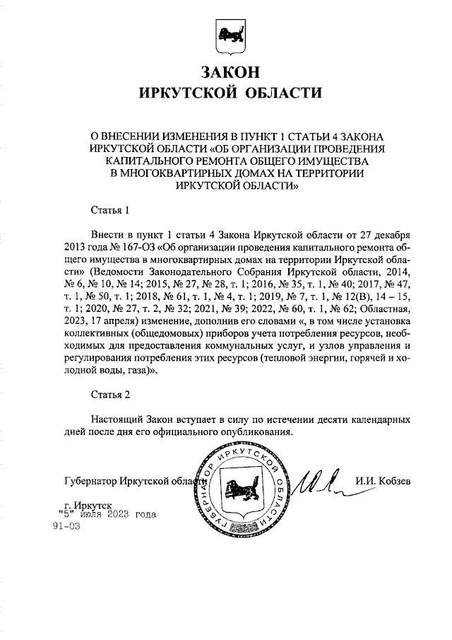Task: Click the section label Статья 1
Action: coord(111,210)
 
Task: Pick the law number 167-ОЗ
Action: coord(141,248)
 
